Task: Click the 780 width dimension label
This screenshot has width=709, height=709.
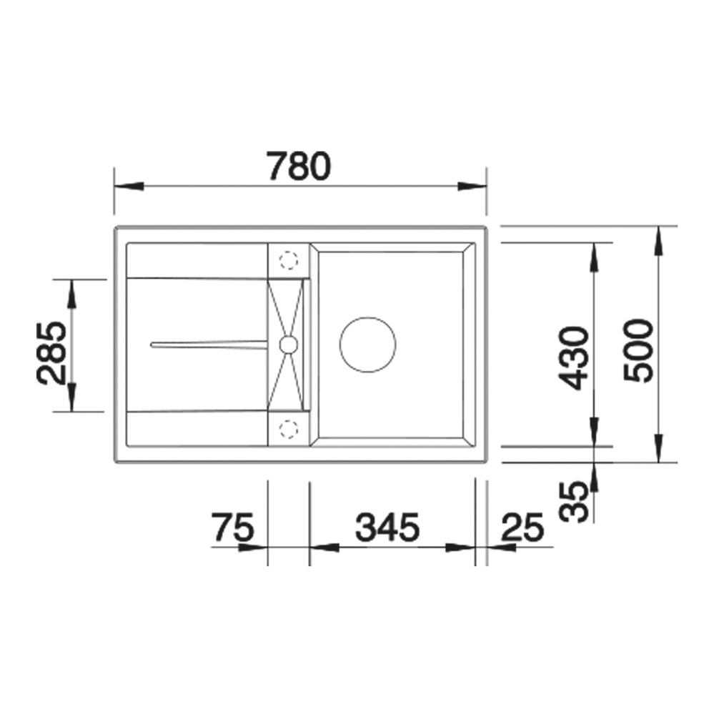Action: pyautogui.click(x=299, y=166)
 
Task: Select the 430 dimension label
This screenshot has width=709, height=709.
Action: pyautogui.click(x=574, y=358)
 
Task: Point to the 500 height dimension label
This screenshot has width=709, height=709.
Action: pyautogui.click(x=638, y=350)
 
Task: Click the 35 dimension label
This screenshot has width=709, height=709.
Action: pyautogui.click(x=574, y=502)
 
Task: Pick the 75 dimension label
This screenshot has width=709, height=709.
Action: pyautogui.click(x=233, y=527)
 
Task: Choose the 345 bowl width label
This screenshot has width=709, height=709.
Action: pyautogui.click(x=387, y=527)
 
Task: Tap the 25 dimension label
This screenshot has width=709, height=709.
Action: pyautogui.click(x=522, y=527)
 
